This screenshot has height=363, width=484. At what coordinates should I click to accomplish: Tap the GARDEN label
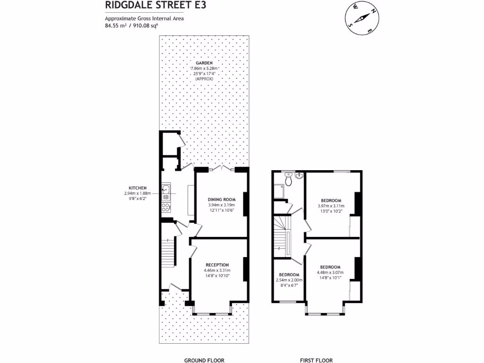point(204,63)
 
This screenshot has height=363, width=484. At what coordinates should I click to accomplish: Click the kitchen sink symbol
point(166,191)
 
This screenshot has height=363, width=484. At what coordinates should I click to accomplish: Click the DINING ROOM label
point(221,199)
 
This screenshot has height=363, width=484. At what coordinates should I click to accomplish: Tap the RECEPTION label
point(217,265)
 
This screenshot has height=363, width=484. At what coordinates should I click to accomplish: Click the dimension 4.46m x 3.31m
point(217,270)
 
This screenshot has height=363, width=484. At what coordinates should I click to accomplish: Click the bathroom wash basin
point(299,176)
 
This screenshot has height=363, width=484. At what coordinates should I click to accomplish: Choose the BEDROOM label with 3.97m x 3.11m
point(331,200)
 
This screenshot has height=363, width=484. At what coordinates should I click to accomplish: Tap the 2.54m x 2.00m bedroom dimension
point(288,280)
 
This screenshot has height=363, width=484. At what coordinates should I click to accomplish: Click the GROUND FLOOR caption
point(204,360)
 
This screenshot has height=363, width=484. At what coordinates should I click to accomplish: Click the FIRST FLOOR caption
point(316,360)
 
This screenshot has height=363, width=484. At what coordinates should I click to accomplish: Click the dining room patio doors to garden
point(221,169)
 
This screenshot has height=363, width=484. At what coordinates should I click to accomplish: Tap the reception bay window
point(212,313)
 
